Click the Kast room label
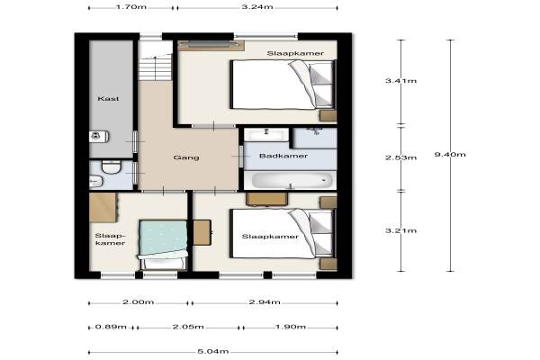[109, 98]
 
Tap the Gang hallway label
[186, 157]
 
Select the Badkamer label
[283, 156]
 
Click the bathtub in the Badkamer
[291, 180]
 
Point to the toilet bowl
[112, 167]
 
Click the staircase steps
[156, 68]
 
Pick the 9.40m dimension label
[450, 154]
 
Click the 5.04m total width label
[213, 352]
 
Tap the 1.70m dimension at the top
[131, 6]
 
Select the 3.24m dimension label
[257, 6]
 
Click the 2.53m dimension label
[400, 157]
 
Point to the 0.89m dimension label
[111, 327]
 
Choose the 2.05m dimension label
[188, 327]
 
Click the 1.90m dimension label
[291, 327]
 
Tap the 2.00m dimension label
[138, 302]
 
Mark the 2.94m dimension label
[265, 302]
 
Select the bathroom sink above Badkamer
[266, 134]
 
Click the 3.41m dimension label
[400, 81]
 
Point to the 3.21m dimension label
[400, 230]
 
